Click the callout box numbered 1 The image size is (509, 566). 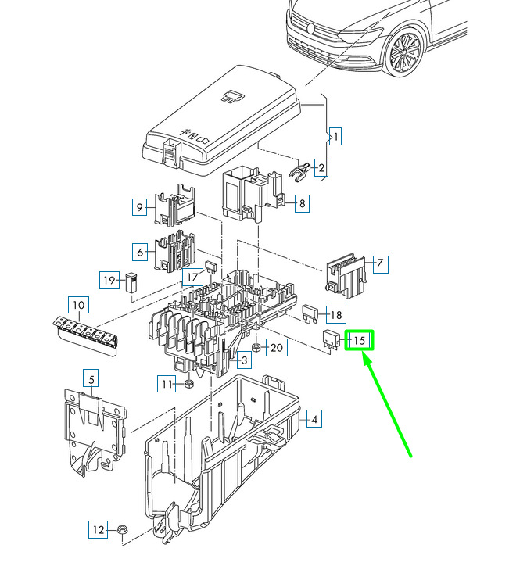335,137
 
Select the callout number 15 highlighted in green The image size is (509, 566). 359,340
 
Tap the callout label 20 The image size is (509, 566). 277,347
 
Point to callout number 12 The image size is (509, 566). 99,529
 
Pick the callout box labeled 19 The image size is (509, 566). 109,280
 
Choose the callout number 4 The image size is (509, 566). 314,419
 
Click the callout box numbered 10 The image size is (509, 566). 78,305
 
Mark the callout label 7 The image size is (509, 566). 380,263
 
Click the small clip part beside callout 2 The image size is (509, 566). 300,171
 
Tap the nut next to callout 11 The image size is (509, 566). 188,384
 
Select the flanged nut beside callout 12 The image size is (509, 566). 123,530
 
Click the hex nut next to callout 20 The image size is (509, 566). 256,348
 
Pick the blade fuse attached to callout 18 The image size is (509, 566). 310,313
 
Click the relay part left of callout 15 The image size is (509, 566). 331,341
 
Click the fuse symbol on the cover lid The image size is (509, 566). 233,96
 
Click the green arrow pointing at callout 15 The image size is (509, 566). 387,406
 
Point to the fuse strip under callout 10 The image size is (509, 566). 86,335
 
